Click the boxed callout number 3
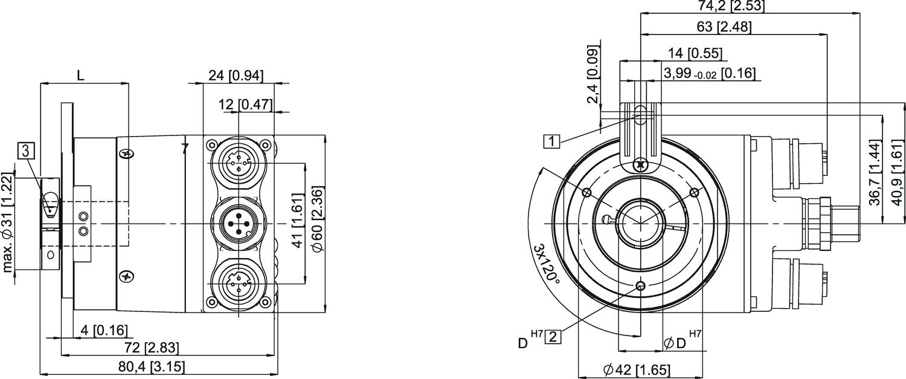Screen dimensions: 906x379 [25, 151]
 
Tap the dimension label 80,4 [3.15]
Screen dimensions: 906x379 [152, 367]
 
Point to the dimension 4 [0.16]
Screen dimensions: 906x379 [104, 330]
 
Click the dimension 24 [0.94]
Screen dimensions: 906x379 [236, 76]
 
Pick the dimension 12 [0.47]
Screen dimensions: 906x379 [245, 105]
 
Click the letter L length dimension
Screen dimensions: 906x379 [81, 76]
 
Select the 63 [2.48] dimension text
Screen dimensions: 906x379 [724, 27]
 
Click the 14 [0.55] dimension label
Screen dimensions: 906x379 [695, 53]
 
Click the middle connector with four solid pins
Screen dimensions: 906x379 [238, 224]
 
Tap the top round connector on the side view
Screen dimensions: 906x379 [239, 163]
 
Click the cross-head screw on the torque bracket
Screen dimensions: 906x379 [640, 165]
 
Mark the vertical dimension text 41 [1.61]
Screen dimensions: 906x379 [297, 223]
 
